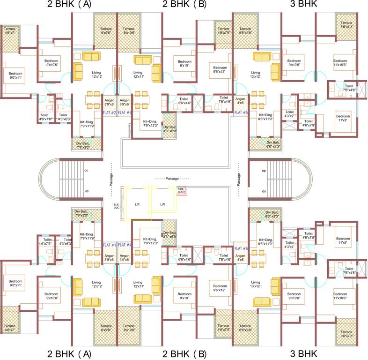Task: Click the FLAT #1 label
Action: click(110, 245)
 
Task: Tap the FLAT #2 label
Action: click(110, 112)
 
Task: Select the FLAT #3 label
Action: click(125, 112)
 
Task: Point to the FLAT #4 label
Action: click(125, 245)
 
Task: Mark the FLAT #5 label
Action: click(241, 112)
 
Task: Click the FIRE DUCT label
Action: click(181, 191)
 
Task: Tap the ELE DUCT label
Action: click(117, 205)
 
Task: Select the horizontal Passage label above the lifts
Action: click(172, 179)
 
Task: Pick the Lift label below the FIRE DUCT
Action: click(162, 204)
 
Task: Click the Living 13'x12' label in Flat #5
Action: click(255, 75)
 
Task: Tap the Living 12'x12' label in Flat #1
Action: click(96, 284)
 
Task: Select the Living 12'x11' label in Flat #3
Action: click(138, 75)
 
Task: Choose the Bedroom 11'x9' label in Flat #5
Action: click(343, 119)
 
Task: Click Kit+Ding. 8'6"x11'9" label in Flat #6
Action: click(265, 241)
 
